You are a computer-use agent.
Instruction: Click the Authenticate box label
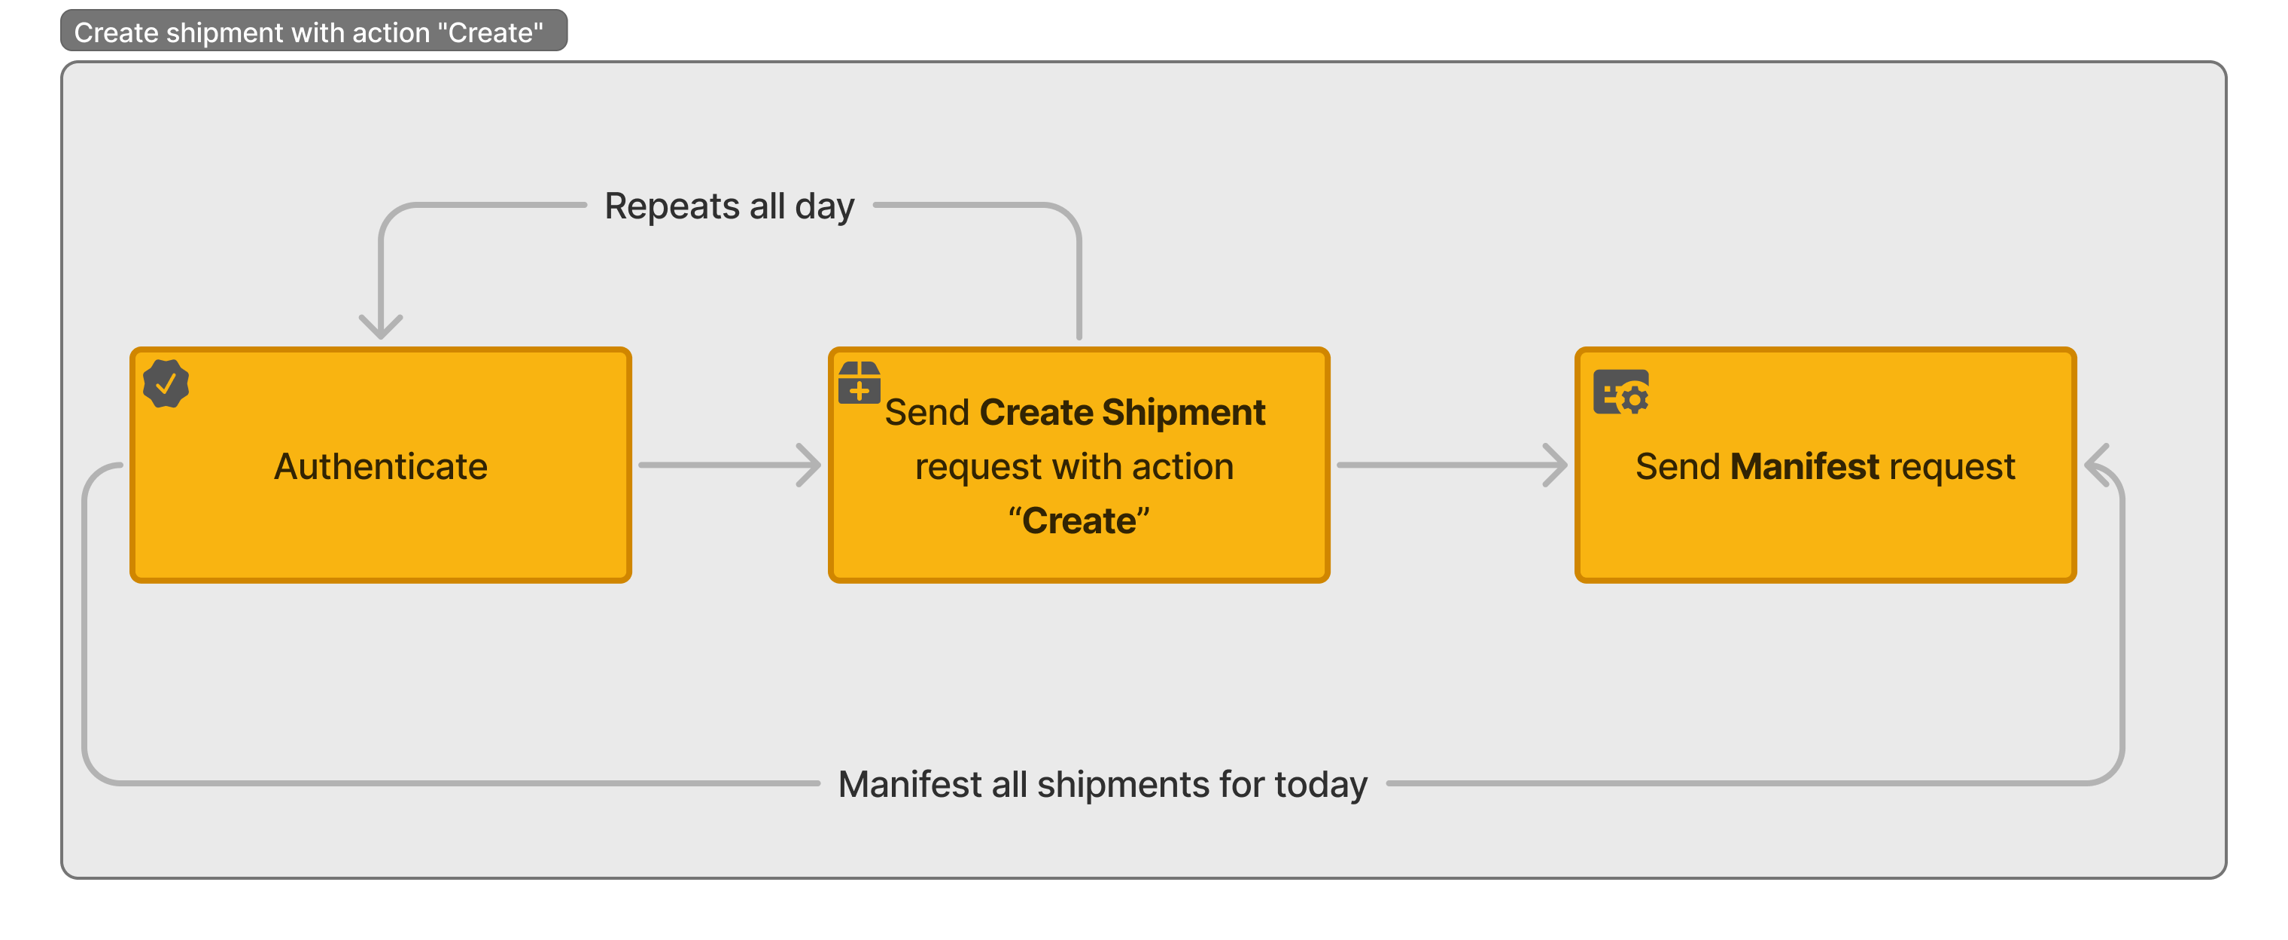380,466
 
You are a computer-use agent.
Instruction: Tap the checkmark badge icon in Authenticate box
166,384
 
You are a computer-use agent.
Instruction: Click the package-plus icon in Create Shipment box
859,383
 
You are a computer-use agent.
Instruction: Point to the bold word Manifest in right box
1804,466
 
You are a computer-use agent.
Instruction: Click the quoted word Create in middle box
1079,520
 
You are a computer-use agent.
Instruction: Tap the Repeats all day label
729,206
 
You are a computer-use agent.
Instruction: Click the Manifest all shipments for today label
1103,785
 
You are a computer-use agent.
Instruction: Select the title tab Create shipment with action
309,32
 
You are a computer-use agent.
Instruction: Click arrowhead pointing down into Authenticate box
381,328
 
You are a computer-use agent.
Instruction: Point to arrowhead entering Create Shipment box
810,465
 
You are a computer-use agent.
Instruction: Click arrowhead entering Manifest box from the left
1556,465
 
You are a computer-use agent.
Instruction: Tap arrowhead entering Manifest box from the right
2096,465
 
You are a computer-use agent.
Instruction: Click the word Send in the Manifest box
1677,466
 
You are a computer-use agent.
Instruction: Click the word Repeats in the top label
671,206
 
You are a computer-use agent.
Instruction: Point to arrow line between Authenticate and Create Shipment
720,465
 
